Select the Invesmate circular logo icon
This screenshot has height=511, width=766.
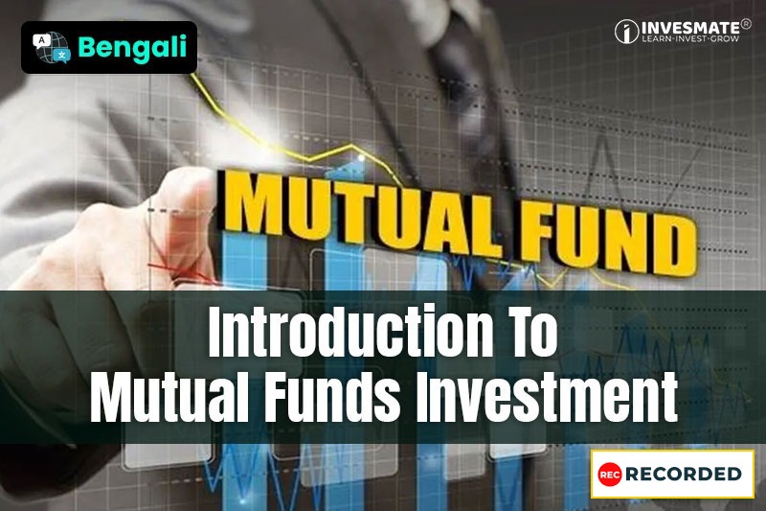[x=627, y=32]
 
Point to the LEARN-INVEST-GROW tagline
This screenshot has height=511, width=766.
[x=690, y=41]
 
